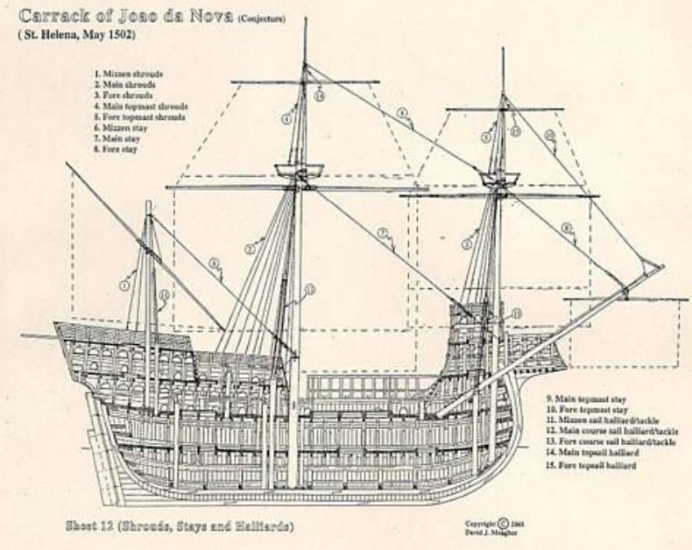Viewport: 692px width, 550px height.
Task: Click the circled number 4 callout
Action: coord(286,117)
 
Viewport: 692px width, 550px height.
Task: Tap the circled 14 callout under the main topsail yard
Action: coord(319,95)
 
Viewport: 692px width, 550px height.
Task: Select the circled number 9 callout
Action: coord(402,113)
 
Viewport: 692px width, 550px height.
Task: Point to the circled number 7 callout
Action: coord(382,232)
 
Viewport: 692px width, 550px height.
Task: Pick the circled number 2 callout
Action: coord(249,249)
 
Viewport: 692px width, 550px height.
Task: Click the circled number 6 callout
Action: coord(213,263)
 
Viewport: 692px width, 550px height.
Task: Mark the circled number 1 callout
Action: coord(124,284)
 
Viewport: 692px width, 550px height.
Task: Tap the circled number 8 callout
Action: coord(567,228)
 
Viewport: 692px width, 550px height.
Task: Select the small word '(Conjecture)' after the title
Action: coord(260,16)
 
